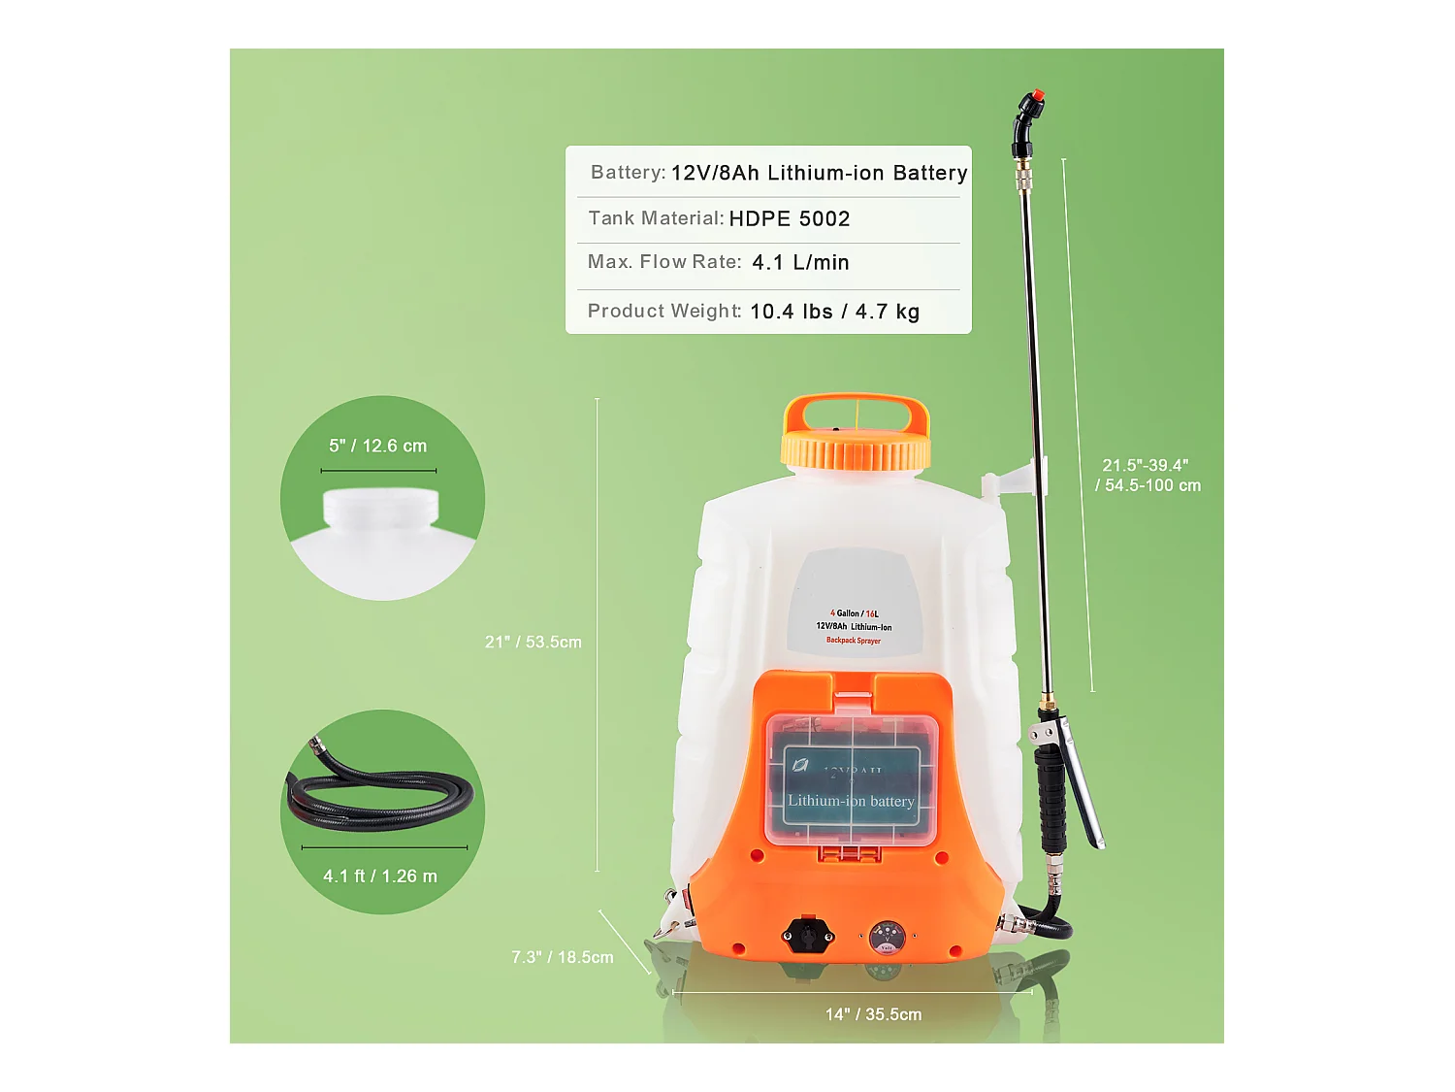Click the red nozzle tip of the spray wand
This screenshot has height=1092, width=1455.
pos(1037,96)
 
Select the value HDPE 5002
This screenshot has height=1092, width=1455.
pos(789,219)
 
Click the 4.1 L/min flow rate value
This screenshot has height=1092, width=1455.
pos(800,263)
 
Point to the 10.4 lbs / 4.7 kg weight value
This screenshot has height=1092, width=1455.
pos(834,312)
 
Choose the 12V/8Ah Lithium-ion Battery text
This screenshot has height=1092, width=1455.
pos(819,174)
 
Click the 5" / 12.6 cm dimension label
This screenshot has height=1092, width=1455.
pos(377,447)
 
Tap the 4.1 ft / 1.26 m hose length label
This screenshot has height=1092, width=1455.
pos(380,877)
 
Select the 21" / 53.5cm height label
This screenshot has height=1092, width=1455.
pos(533,643)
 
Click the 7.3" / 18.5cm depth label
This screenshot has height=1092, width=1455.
pos(563,958)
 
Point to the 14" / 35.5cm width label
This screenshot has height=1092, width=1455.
pos(873,1014)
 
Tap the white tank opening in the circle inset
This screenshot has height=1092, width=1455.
pos(380,509)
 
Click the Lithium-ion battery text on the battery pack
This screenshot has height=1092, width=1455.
pos(851,802)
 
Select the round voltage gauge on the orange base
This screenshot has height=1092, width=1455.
pos(887,938)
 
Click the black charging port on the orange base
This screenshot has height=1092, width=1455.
pos(807,936)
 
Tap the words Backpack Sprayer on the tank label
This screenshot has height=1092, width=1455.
pos(854,641)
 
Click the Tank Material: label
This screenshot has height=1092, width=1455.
pos(656,218)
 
